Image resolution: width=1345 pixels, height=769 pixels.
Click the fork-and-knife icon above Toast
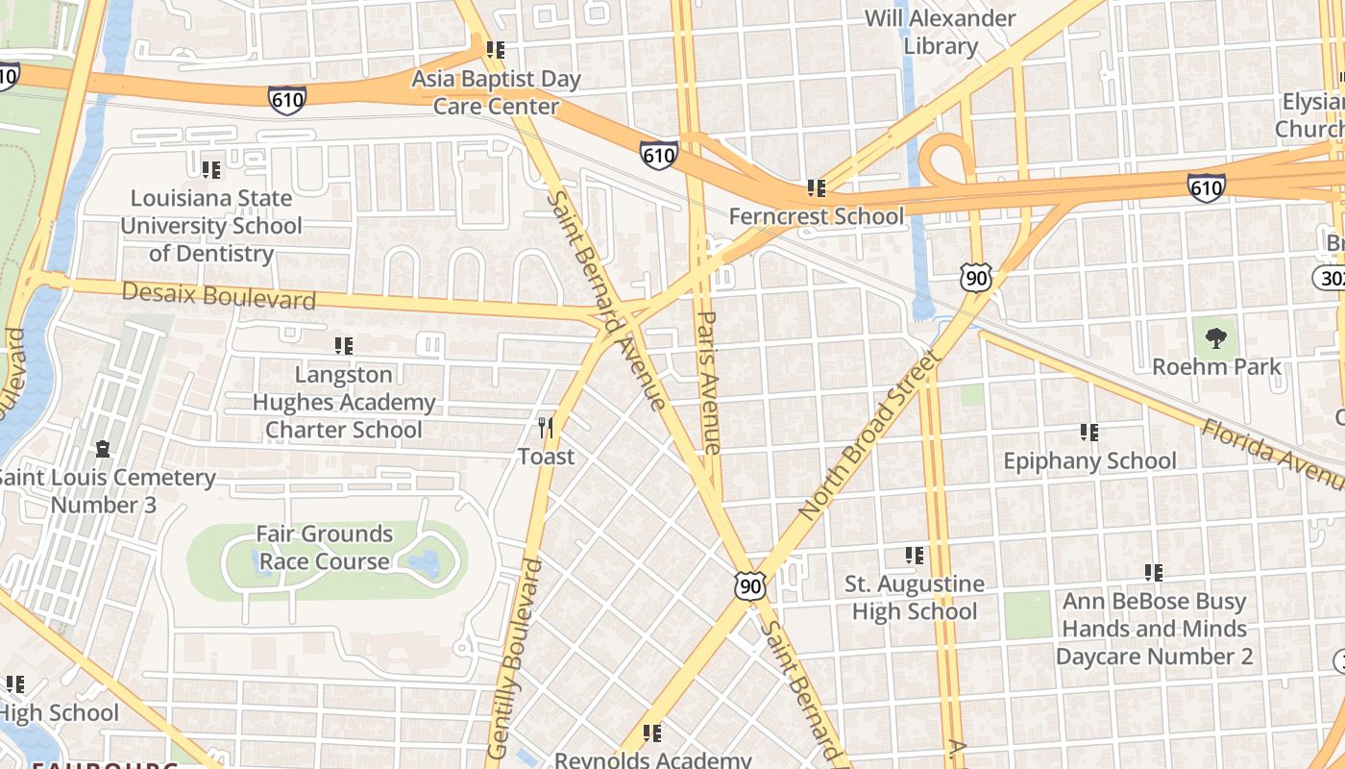(x=546, y=427)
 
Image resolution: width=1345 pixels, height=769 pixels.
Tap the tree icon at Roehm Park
(x=1216, y=337)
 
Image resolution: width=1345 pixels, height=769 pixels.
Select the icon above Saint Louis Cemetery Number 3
(x=103, y=449)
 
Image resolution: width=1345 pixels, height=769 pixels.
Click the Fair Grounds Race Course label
(x=325, y=547)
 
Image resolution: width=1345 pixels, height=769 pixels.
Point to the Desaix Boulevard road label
(x=219, y=296)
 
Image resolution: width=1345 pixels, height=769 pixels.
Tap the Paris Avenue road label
(x=709, y=382)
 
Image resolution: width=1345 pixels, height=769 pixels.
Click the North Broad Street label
(x=868, y=436)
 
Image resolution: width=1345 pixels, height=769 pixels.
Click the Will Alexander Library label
(x=940, y=32)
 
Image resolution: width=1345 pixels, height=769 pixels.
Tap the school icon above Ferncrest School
(x=817, y=188)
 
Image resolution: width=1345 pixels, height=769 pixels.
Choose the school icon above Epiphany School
(x=1088, y=433)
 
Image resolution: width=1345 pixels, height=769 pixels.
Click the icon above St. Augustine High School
(x=915, y=556)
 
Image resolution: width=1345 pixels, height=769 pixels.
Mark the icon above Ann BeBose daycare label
(x=1154, y=573)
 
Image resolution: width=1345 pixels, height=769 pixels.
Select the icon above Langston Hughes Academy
(x=343, y=346)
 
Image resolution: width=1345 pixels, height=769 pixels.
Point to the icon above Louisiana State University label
(x=211, y=170)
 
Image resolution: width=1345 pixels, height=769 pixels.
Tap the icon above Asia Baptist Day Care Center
(x=496, y=50)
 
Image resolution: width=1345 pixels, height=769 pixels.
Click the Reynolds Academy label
(x=652, y=759)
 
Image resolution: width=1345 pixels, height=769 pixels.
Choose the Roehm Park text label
(x=1216, y=366)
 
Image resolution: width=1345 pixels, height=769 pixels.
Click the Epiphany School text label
(x=1089, y=461)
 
